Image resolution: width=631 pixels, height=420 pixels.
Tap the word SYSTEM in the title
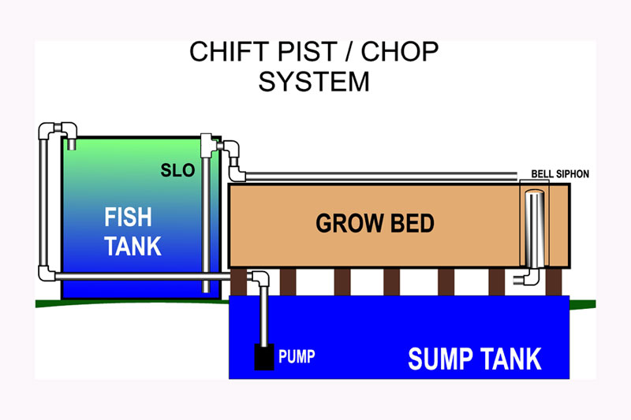pos(314,81)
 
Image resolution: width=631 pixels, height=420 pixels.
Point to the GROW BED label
pos(375,224)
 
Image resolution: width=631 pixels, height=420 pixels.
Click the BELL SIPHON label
pos(561,173)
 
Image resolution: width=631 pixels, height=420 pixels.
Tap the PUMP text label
pos(297,357)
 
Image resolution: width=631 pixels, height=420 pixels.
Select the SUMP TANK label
pos(474,359)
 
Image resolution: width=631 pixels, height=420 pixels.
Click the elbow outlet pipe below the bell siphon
pos(525,277)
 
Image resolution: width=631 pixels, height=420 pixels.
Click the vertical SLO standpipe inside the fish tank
pos(206,221)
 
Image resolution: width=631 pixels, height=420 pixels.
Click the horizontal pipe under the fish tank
pos(150,275)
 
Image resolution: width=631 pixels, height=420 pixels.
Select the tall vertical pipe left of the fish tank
pos(43,201)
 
